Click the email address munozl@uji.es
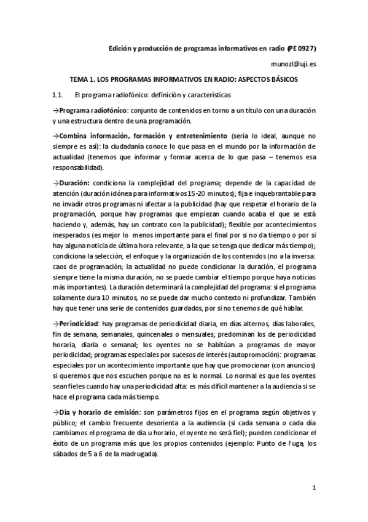293,64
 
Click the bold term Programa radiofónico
90,111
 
